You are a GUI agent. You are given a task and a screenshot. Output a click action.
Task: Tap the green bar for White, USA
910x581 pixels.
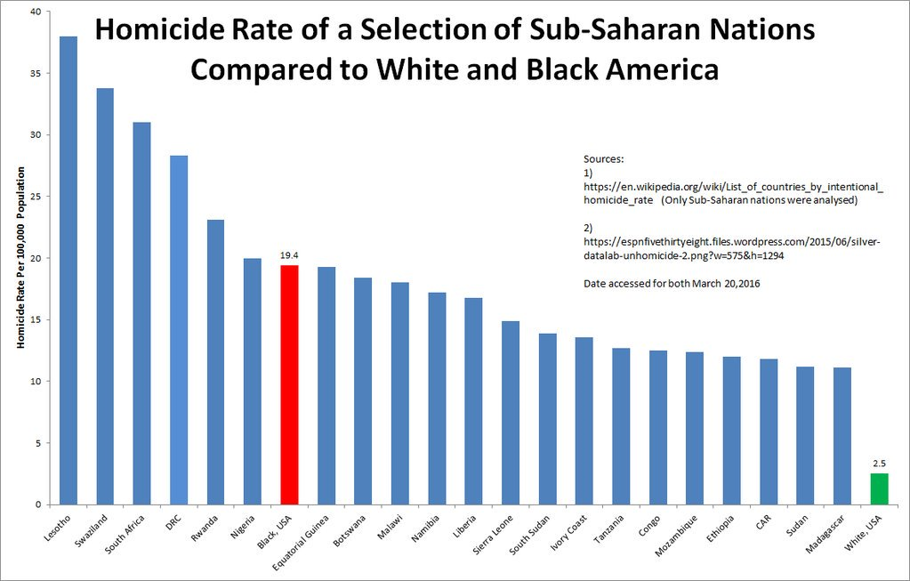pyautogui.click(x=879, y=488)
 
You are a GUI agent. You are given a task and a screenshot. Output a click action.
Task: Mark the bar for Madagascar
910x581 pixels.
pyautogui.click(x=842, y=436)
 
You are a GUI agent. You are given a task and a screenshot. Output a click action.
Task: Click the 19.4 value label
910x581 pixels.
pyautogui.click(x=289, y=254)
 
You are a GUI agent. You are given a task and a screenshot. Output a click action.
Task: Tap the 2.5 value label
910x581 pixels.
pyautogui.click(x=879, y=463)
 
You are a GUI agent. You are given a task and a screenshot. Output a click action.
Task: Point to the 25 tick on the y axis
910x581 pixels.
pyautogui.click(x=35, y=197)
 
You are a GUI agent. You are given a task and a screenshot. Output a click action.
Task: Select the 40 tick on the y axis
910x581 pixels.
pyautogui.click(x=35, y=12)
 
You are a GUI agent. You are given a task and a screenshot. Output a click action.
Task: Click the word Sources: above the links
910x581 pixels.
pyautogui.click(x=604, y=158)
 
